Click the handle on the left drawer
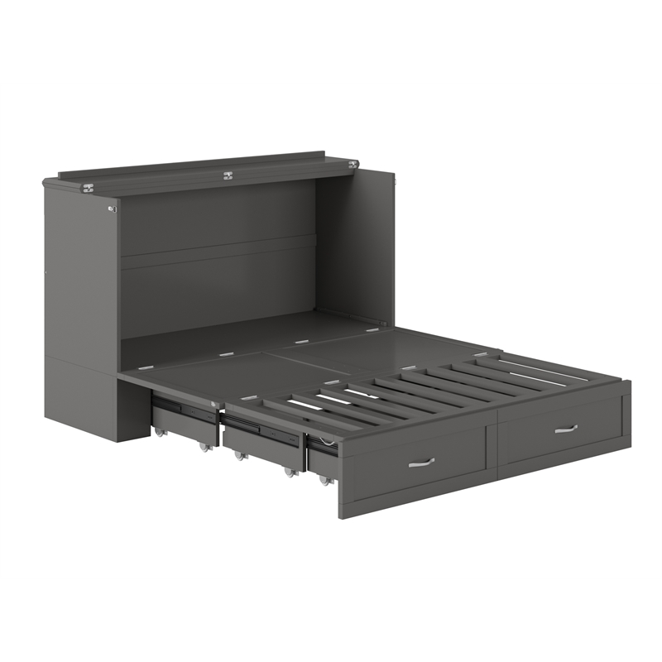[421, 463]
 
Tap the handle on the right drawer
[565, 429]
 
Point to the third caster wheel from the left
[238, 456]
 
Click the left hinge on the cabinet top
[87, 188]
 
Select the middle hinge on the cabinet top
[228, 175]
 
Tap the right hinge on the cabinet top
[353, 165]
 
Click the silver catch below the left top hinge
[112, 209]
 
